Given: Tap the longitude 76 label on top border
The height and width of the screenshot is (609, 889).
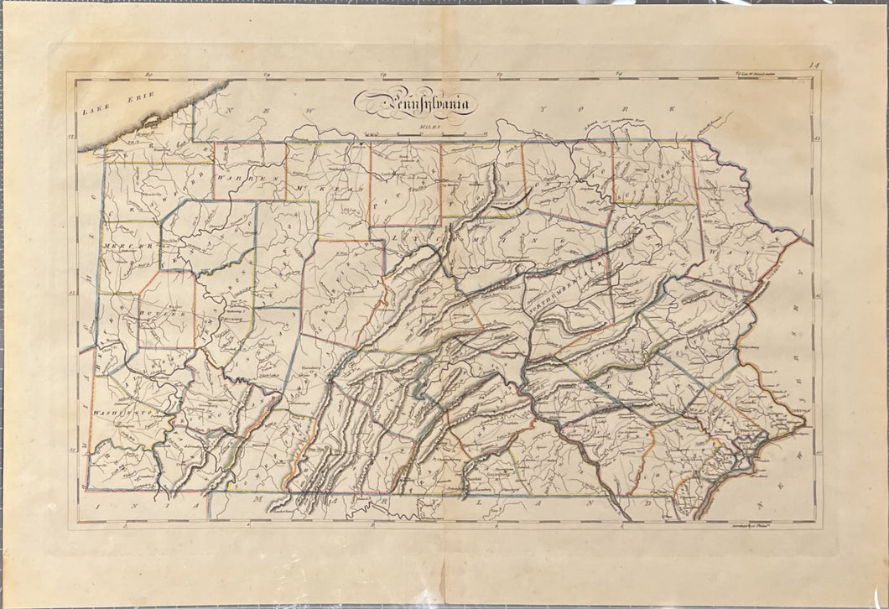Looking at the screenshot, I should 618,75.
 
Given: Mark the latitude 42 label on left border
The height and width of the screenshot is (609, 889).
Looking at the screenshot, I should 72,136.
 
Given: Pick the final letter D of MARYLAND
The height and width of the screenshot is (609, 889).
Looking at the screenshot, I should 647,504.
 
